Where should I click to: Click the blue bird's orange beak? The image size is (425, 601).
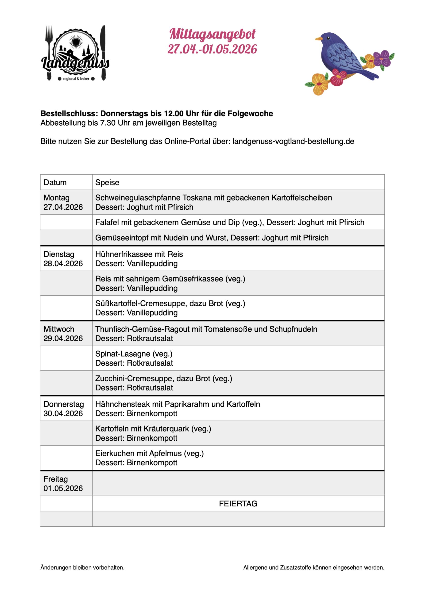(318, 39)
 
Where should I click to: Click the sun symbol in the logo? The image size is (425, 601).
(76, 42)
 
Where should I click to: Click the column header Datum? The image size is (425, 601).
(55, 182)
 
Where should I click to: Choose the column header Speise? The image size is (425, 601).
(107, 182)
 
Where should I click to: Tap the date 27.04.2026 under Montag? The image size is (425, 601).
(63, 207)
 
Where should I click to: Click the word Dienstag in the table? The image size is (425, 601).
(59, 254)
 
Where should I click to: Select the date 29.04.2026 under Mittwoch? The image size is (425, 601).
(63, 339)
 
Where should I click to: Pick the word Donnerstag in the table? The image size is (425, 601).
(64, 404)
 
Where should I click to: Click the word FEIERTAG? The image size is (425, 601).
(238, 504)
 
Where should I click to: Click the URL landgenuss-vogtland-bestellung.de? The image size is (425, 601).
(293, 141)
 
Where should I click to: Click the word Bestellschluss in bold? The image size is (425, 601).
(68, 114)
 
